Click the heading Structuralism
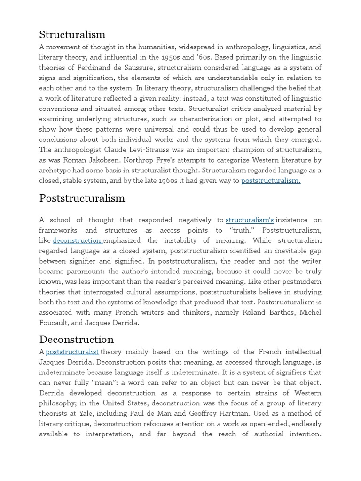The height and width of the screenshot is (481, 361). (72, 34)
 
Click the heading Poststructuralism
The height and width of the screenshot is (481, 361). (82, 198)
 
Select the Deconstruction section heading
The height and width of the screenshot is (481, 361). (77, 339)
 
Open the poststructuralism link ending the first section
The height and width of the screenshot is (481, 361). (271, 181)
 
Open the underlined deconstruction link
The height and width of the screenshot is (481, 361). (78, 240)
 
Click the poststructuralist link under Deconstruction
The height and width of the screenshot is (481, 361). (72, 352)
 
